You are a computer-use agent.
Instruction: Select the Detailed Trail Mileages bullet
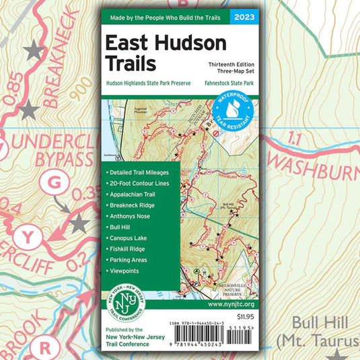(138, 173)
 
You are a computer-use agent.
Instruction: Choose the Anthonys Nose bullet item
(129, 216)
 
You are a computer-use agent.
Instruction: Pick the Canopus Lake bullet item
(129, 238)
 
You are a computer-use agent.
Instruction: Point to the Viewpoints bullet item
(124, 271)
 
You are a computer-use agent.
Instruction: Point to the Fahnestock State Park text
(225, 83)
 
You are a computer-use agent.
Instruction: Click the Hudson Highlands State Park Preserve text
(148, 83)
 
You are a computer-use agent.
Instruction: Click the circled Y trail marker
(28, 236)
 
